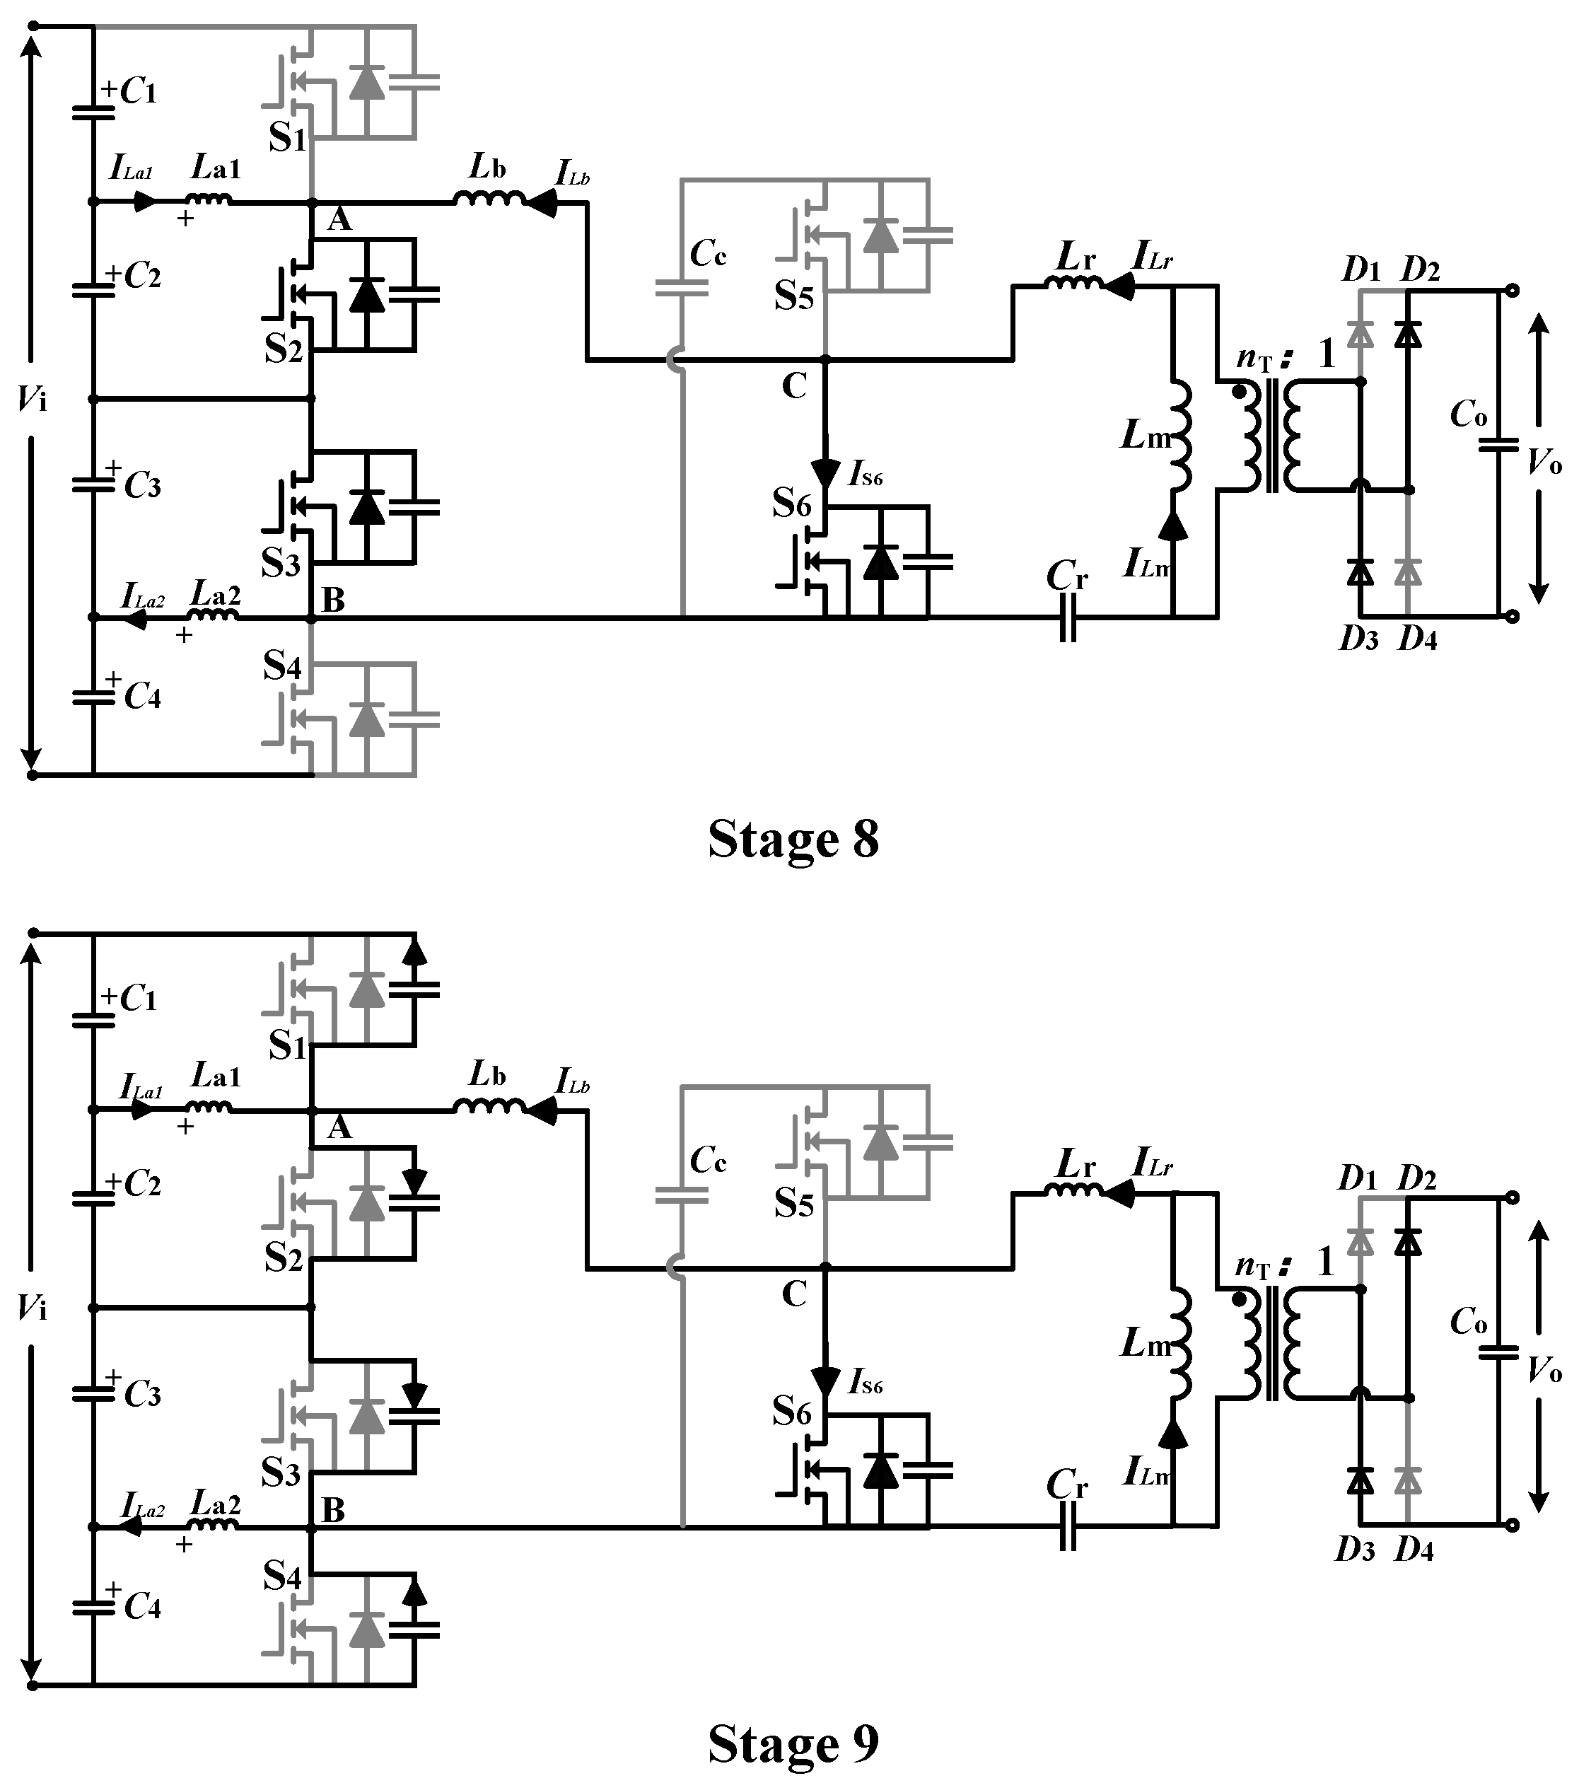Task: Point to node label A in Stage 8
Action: click(339, 221)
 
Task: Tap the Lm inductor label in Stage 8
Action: click(1146, 434)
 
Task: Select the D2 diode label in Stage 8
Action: click(1419, 272)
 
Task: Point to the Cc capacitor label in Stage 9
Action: click(708, 1160)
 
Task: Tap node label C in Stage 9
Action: click(794, 1294)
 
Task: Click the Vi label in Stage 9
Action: click(33, 1308)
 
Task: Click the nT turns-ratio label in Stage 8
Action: click(1254, 359)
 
